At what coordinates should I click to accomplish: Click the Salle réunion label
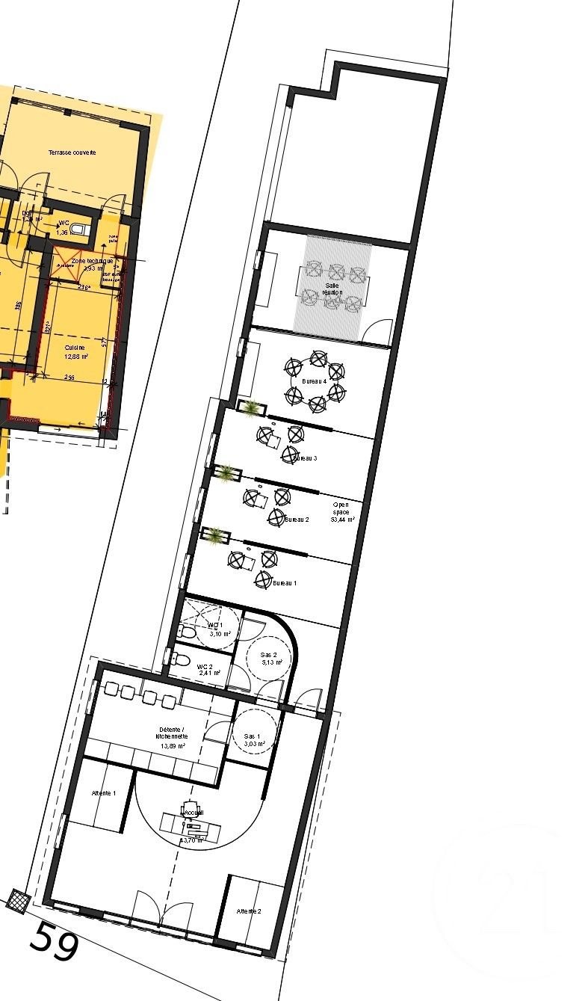pos(332,289)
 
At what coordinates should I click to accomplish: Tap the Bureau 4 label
pos(314,381)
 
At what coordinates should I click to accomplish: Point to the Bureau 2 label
pos(297,519)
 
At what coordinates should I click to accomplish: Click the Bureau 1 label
pos(285,582)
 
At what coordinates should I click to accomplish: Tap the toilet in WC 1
pos(188,632)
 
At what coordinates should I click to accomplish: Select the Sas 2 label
pos(270,654)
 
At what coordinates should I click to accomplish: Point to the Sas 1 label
pos(253,736)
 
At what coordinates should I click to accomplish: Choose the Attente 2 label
pos(249,911)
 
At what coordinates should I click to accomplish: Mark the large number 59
pos(54,943)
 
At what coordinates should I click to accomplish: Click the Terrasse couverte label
pos(72,153)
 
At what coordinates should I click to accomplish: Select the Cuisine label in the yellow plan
pos(75,348)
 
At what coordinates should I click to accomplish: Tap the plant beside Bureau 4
pos(252,407)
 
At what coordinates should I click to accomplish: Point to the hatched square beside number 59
pos(17,899)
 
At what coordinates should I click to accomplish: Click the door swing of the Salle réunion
pos(379,332)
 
